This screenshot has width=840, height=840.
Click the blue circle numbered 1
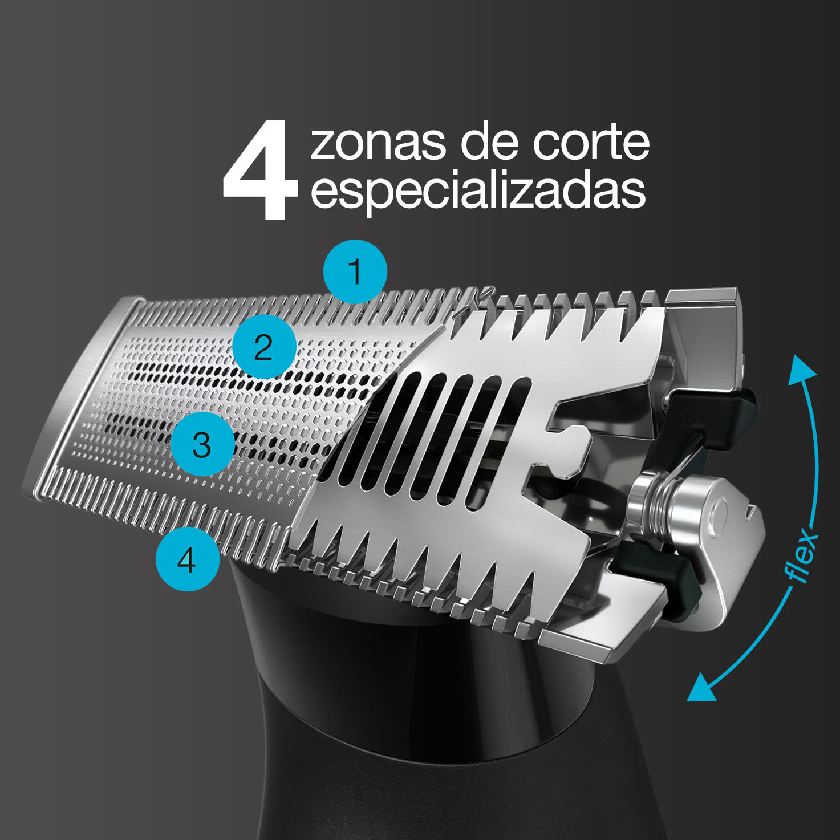[355, 271]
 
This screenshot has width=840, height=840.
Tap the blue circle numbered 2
[263, 347]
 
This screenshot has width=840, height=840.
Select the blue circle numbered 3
[202, 444]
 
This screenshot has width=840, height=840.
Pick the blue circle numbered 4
[188, 559]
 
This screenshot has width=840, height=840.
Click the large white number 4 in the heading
[260, 170]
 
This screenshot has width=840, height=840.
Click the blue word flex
[802, 554]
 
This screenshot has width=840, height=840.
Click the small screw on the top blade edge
[487, 293]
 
